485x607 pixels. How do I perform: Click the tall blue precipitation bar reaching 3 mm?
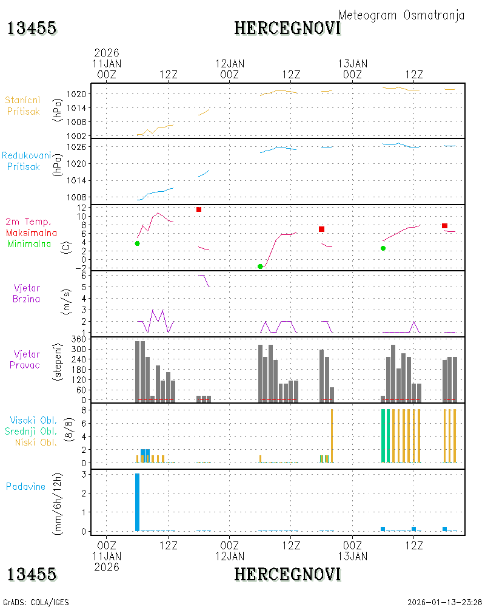tap(137, 502)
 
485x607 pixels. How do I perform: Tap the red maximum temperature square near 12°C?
tap(199, 209)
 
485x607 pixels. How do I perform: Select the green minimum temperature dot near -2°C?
tap(260, 266)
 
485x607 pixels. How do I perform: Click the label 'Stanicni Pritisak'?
tap(23, 106)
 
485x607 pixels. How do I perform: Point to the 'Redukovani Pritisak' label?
tap(26, 161)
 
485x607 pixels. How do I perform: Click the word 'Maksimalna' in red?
tap(32, 232)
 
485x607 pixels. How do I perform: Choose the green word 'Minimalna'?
tap(29, 244)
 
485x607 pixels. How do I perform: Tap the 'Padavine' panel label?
tap(25, 487)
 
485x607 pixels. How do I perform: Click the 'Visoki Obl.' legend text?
tap(33, 420)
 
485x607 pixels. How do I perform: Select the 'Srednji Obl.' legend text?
tap(31, 431)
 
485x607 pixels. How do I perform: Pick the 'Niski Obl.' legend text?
tap(36, 442)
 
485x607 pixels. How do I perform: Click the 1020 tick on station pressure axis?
tap(76, 94)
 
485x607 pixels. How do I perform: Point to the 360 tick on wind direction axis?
tap(79, 339)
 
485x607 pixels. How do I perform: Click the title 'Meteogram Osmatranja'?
tap(401, 15)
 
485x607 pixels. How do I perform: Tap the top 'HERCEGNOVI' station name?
tap(288, 29)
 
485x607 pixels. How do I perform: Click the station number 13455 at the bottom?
tap(32, 574)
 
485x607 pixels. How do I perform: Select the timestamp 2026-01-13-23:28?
tap(444, 602)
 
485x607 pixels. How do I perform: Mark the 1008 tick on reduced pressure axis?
tap(76, 197)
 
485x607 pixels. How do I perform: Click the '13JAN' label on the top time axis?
tap(352, 64)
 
